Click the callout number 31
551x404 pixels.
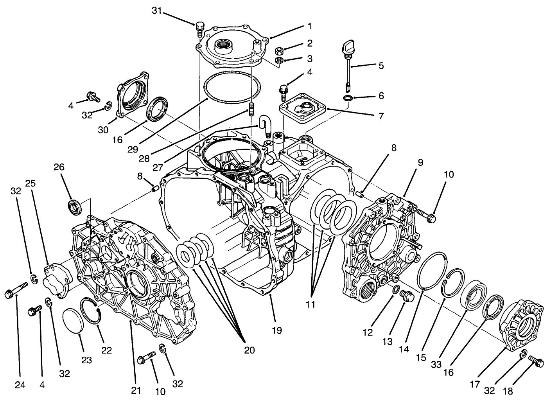coord(157,11)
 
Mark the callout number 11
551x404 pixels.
coord(310,304)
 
